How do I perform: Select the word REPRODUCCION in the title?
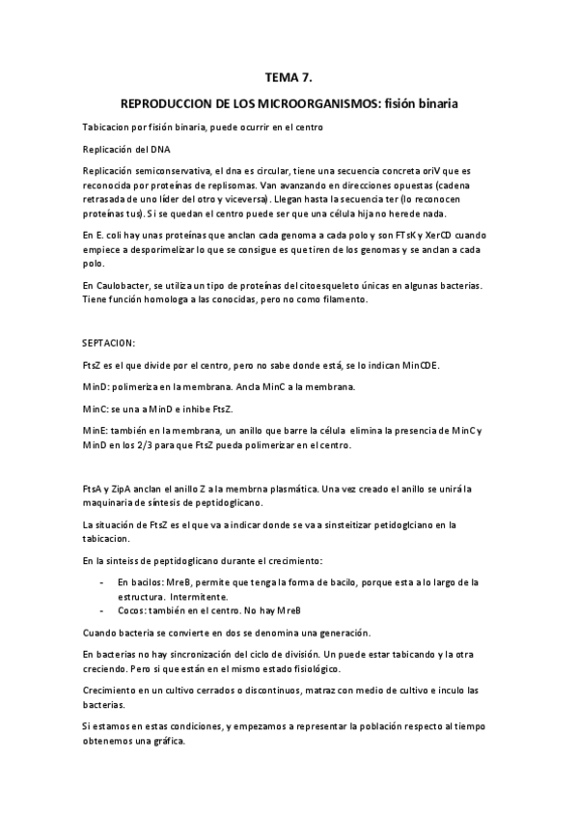click(163, 101)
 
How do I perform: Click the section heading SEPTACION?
click(109, 342)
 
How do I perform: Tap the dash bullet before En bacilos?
click(102, 583)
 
